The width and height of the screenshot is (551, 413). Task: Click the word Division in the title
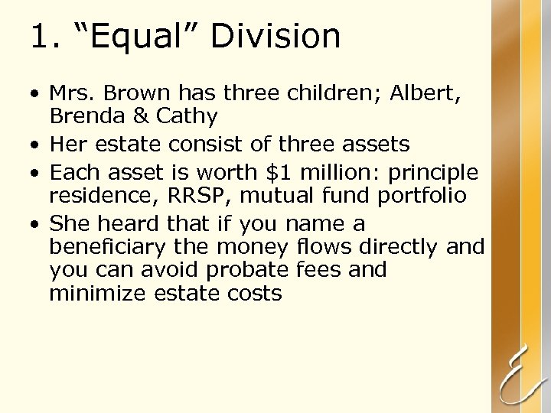coord(275,36)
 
